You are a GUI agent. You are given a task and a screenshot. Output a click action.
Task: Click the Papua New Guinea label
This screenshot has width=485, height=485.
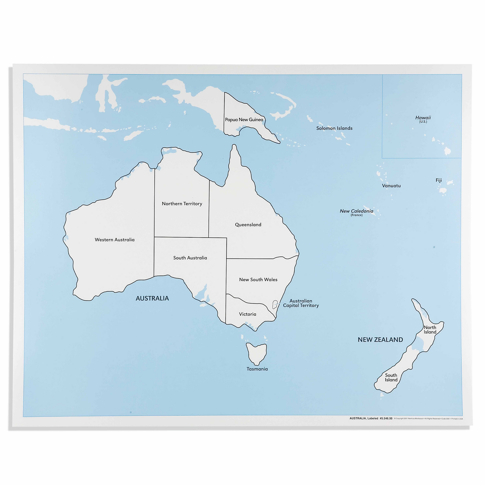point(244,120)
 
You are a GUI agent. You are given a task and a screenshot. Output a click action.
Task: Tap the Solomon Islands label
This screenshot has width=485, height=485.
point(334,128)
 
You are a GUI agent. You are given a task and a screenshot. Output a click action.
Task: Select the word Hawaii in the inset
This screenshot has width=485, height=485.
point(423,118)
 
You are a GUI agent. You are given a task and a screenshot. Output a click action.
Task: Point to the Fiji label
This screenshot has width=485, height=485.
point(439,180)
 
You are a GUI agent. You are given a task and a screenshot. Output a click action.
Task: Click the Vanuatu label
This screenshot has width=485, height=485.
point(391,186)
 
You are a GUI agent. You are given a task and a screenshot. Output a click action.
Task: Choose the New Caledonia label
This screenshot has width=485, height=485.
point(356,211)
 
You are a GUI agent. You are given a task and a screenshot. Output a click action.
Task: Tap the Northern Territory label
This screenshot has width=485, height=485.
point(182,204)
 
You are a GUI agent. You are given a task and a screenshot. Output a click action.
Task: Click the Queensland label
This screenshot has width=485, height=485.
point(248,225)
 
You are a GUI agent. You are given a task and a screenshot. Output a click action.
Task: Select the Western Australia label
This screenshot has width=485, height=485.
point(114,240)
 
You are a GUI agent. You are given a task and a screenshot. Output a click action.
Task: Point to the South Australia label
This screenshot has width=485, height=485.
point(190,258)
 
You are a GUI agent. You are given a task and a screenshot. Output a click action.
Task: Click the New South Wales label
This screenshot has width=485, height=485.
point(258,280)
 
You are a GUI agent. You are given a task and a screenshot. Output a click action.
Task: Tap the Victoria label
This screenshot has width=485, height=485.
point(247,314)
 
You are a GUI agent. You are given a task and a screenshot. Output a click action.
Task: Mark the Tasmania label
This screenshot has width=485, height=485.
point(257,369)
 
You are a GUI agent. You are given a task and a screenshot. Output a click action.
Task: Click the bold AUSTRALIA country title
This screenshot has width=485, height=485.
point(152,298)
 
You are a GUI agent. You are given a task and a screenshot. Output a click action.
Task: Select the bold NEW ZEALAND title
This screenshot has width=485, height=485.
point(380,340)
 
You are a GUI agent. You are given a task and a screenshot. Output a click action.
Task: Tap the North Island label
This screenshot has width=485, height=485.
point(430,330)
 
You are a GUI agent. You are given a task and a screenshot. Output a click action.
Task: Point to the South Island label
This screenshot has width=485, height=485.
point(391,378)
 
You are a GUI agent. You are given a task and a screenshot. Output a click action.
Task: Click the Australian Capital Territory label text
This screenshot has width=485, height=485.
point(301,303)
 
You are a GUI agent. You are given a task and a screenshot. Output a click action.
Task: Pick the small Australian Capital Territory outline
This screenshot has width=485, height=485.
point(275,304)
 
